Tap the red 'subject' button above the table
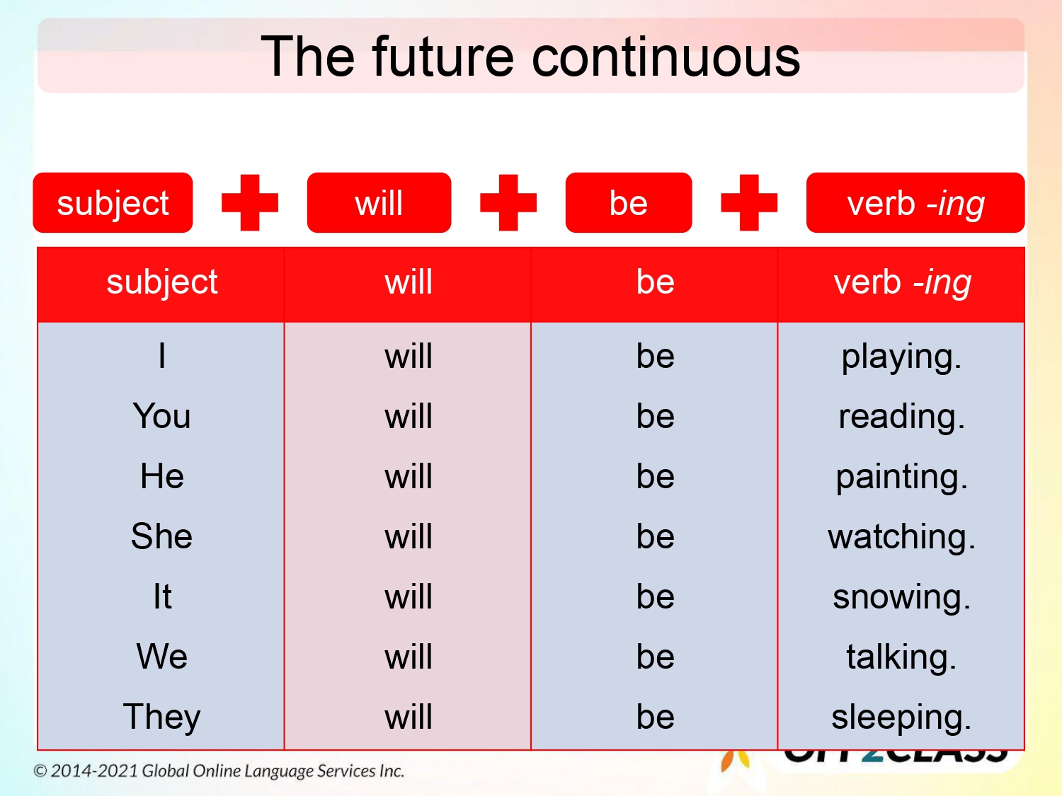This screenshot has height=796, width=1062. (x=113, y=203)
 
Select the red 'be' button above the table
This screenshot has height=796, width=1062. (x=628, y=203)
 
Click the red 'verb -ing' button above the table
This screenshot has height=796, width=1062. (x=915, y=203)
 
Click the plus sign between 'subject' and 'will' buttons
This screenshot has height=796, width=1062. (x=249, y=203)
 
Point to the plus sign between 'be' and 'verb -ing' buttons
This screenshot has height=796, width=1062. (x=748, y=203)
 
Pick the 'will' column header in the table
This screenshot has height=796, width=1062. (x=408, y=282)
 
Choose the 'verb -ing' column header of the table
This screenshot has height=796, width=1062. (x=901, y=282)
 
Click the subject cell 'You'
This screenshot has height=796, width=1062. (x=161, y=416)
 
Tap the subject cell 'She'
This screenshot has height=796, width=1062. (x=161, y=536)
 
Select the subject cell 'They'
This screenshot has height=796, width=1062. (x=161, y=717)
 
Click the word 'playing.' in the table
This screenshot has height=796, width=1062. (x=901, y=357)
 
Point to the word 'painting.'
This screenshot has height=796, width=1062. (x=901, y=477)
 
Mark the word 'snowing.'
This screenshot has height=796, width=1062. (x=901, y=597)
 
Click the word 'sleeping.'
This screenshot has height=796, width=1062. (x=901, y=717)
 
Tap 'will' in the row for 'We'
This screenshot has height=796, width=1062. (x=408, y=657)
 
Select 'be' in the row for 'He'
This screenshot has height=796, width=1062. (x=655, y=476)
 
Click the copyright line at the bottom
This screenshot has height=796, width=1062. (x=219, y=771)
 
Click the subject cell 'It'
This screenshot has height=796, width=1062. (x=162, y=596)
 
